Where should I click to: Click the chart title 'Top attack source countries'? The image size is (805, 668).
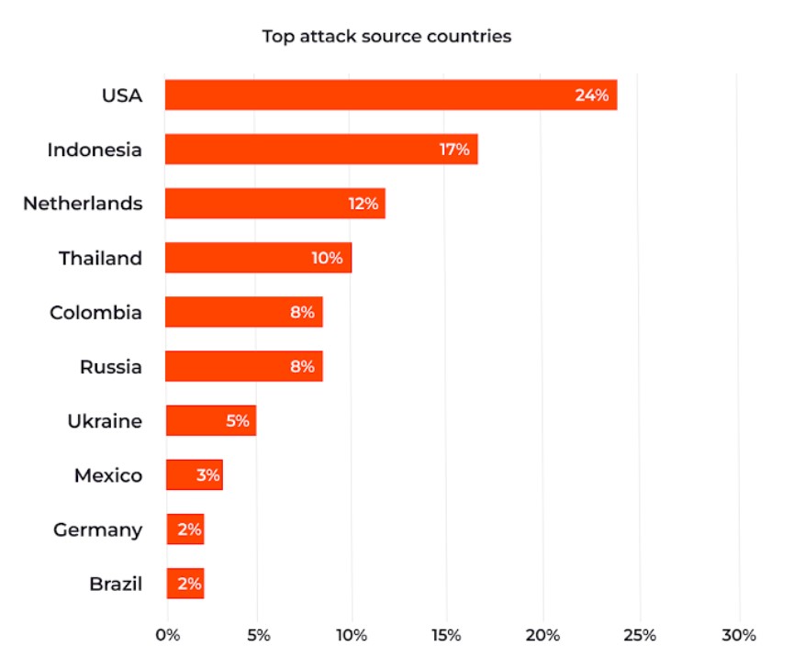pos(386,37)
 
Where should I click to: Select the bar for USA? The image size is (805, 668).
pos(390,95)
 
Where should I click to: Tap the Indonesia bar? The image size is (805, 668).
pos(320,149)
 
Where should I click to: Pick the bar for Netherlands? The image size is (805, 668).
pos(274,203)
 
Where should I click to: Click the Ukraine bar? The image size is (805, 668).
pos(210,421)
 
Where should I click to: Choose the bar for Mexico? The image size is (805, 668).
pos(194,475)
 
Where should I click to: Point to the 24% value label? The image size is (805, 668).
pos(592,95)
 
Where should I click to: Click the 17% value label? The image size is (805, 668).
pos(454,149)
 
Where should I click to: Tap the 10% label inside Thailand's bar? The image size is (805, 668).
pos(327,258)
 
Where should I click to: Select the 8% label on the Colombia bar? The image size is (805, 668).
pos(302,312)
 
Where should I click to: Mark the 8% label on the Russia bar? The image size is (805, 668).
pos(302,367)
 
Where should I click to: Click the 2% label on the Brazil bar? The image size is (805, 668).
pos(188,584)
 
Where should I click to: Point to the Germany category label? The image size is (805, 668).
pos(97,529)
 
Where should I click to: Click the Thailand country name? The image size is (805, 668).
pos(100,258)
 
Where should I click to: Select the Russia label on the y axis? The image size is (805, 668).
pos(110,367)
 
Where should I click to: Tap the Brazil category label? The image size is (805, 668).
pos(116,584)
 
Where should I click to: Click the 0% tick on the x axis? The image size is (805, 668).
pos(167,635)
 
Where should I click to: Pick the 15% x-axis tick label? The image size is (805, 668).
pos(446,635)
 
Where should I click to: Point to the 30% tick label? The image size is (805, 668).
pos(738,635)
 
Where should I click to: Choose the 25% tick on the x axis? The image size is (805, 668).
pos(640,635)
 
